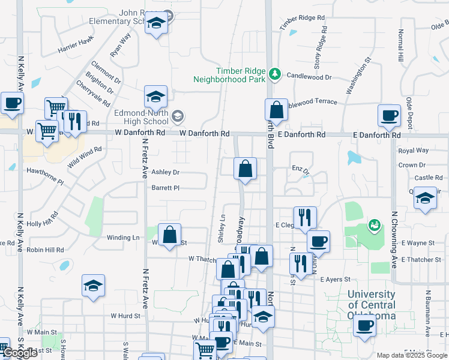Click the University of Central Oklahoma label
click(x=372, y=305)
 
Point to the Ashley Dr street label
click(x=165, y=172)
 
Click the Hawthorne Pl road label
click(x=44, y=175)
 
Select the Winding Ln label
click(x=123, y=238)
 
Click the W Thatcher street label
click(x=202, y=259)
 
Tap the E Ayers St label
click(x=335, y=280)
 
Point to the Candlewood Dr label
click(x=309, y=77)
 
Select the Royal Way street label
click(x=414, y=151)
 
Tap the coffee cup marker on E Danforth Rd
click(x=388, y=115)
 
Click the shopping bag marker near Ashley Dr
click(x=245, y=169)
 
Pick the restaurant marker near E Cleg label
click(x=305, y=218)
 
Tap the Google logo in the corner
click(x=20, y=353)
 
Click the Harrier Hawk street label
click(x=76, y=44)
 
